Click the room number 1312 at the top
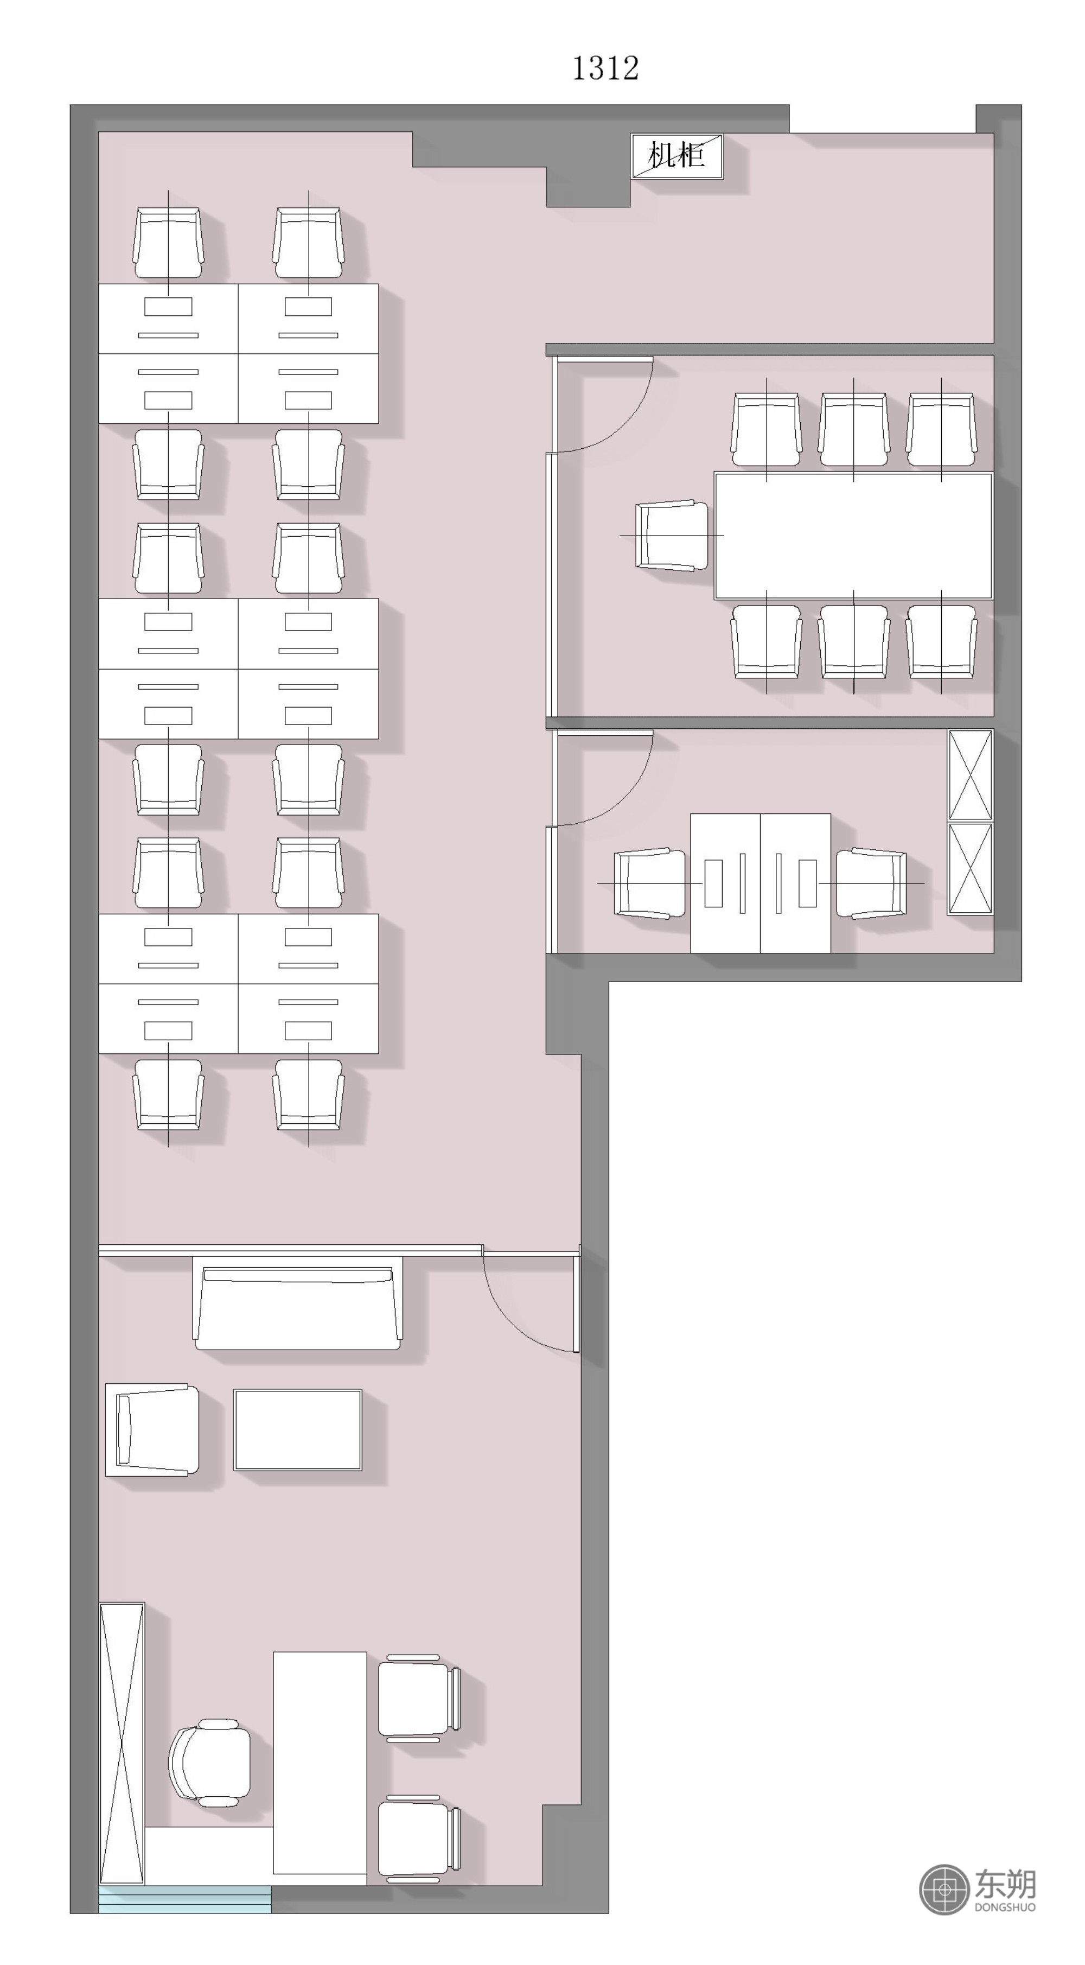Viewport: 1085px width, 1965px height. (605, 69)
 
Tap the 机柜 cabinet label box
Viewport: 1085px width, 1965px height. (677, 156)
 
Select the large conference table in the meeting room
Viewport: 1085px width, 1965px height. (853, 536)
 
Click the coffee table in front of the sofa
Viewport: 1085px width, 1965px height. (297, 1429)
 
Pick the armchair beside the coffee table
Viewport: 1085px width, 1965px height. (152, 1429)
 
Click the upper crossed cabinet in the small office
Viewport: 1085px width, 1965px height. (971, 775)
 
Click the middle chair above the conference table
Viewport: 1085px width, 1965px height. (853, 429)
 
